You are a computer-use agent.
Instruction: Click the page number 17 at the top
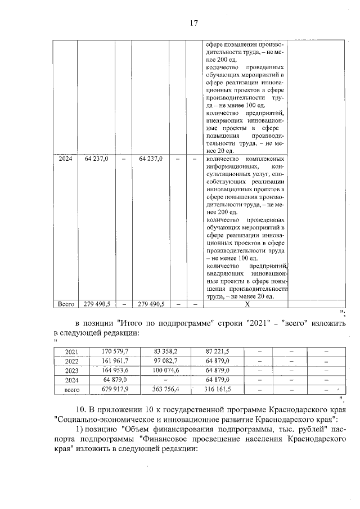tap(193, 23)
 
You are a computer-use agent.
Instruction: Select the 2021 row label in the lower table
tap(71, 352)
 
